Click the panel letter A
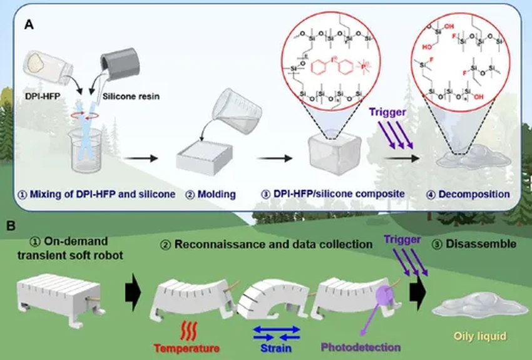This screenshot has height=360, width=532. pyautogui.click(x=29, y=24)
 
